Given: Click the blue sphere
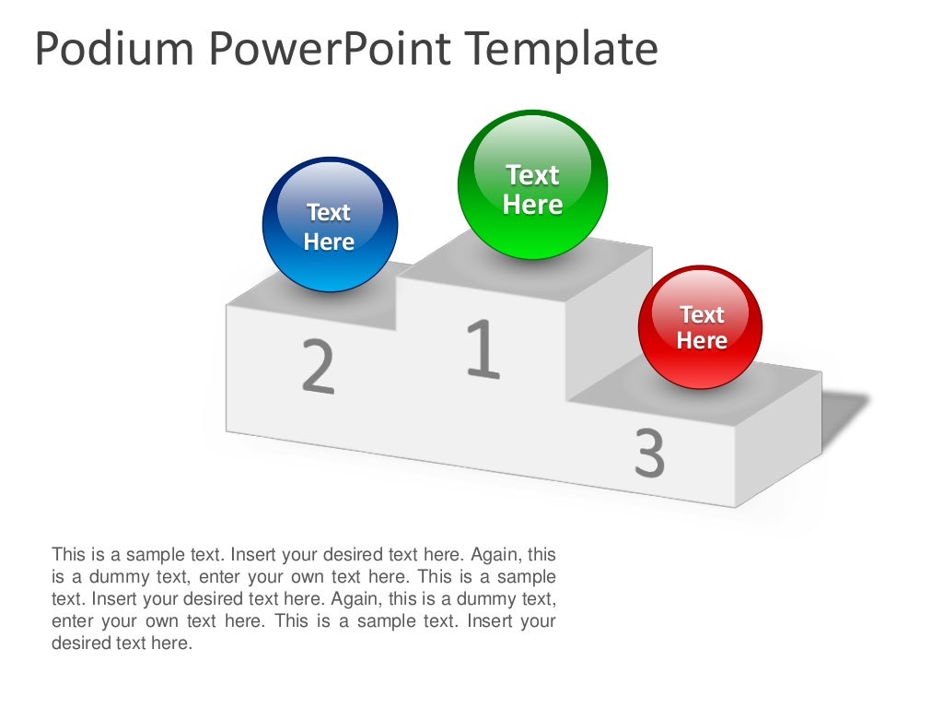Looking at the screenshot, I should click(330, 225).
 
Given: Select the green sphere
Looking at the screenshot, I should click(532, 184).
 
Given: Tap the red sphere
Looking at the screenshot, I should click(701, 327).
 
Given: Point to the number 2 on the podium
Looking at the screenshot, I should click(318, 366).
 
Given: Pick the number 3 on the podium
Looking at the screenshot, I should click(649, 453).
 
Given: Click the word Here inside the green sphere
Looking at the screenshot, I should click(532, 205).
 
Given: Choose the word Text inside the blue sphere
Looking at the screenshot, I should click(329, 213).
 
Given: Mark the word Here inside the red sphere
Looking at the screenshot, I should click(702, 340).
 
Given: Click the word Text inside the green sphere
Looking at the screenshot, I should click(532, 174).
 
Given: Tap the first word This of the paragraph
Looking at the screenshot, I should click(68, 555).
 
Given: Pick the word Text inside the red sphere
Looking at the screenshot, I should click(702, 315).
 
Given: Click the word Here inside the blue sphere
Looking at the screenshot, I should click(329, 242).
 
